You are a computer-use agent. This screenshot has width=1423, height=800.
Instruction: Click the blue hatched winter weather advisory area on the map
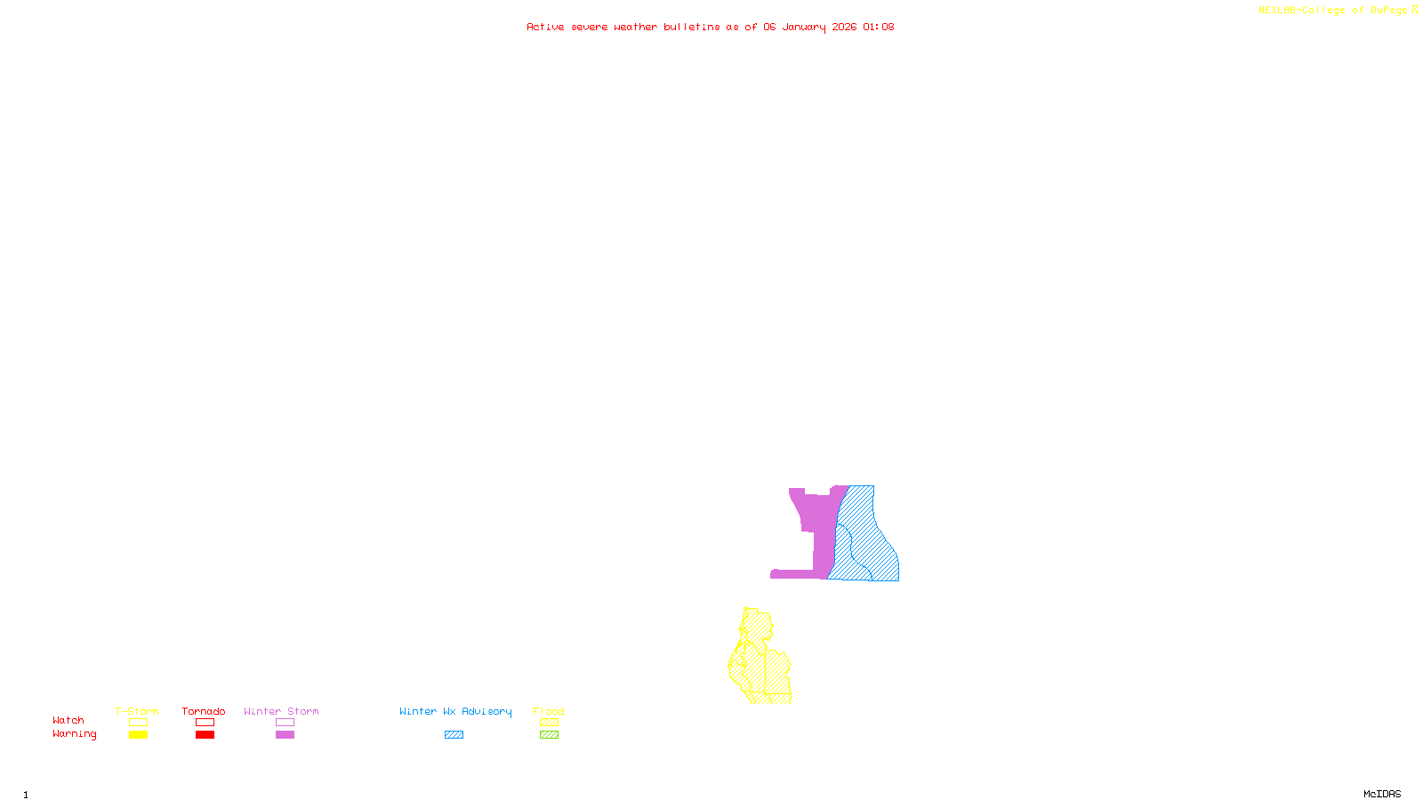tap(867, 542)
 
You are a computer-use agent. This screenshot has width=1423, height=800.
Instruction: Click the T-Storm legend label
tap(137, 711)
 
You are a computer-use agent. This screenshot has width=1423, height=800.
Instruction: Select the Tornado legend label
tap(204, 711)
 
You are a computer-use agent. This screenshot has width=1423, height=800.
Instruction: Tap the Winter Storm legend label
tap(281, 711)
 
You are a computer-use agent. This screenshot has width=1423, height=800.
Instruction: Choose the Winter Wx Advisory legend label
tap(455, 711)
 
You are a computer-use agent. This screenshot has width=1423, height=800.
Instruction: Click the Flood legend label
tap(549, 711)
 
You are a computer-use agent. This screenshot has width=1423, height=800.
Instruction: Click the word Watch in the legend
tap(68, 720)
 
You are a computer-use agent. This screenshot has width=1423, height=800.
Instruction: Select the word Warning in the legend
tap(75, 734)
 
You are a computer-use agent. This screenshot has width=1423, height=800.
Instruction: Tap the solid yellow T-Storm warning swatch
tap(138, 735)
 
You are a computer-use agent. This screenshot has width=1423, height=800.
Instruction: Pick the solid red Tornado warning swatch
tap(205, 735)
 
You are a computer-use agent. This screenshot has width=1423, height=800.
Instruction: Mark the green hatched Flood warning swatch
tap(550, 735)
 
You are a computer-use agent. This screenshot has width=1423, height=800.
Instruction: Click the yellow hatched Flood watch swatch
tap(550, 723)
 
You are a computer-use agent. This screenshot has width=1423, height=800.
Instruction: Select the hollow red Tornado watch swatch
tap(205, 723)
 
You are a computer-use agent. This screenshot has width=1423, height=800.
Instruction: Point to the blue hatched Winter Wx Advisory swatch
tap(454, 735)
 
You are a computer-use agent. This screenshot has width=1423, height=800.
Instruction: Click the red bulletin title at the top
tap(711, 27)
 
